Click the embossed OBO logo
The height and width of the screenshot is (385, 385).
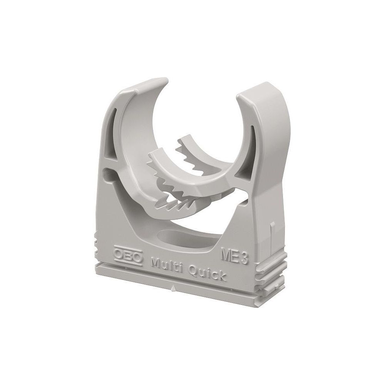128,258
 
